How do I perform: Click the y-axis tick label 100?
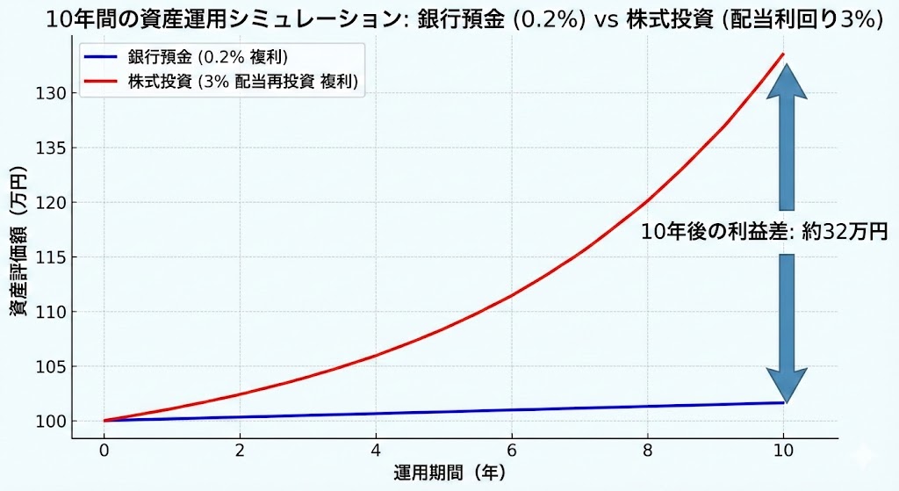(48, 422)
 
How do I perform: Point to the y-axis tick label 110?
(48, 312)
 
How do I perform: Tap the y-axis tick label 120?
(48, 202)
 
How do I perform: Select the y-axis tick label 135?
(48, 148)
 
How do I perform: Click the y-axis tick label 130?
(48, 93)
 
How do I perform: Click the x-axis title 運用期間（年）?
(449, 473)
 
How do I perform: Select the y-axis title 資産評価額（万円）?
(19, 255)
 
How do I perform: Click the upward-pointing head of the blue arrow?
(787, 82)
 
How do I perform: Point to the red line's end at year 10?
(783, 54)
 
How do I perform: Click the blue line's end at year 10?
(783, 402)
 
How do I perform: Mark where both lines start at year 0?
(105, 421)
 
